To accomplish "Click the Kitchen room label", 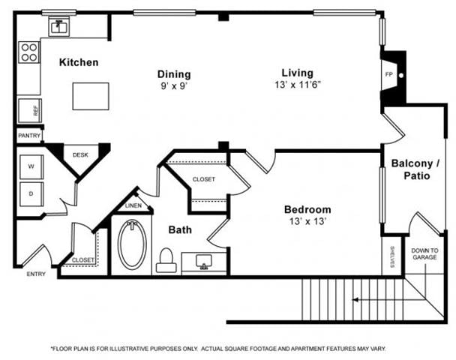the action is (79, 62).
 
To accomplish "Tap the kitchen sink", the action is (59, 27).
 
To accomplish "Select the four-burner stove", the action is (29, 52).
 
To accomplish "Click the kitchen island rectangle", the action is (91, 96).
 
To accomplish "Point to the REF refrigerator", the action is (30, 110).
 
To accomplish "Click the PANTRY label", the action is (29, 136).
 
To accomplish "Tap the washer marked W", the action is (31, 166).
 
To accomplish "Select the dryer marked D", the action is (31, 194).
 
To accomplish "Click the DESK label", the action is (80, 155).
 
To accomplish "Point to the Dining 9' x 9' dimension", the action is (173, 86).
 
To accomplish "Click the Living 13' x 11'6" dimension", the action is (298, 85).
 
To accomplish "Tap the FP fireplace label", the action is (388, 74).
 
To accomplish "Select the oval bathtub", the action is (132, 244).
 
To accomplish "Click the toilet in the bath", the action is (166, 260).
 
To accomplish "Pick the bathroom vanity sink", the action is (203, 262).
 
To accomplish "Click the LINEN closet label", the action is (133, 205).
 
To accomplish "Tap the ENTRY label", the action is (36, 274).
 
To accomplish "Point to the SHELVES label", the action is (392, 257).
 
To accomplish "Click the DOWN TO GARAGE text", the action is (424, 253).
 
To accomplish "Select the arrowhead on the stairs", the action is (355, 300).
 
